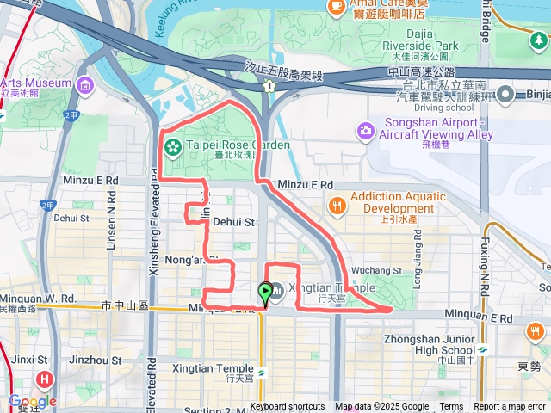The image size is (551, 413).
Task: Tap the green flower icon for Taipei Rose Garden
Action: [172, 145]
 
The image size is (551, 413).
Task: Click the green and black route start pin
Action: [265, 294]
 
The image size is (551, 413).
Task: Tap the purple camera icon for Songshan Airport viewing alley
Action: [365, 130]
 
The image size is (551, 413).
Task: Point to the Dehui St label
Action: [234, 222]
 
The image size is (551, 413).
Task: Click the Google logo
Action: [32, 402]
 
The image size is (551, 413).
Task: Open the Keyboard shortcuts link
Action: [288, 407]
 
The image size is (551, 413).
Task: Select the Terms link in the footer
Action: [451, 407]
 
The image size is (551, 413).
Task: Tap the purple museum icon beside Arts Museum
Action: [85, 85]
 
